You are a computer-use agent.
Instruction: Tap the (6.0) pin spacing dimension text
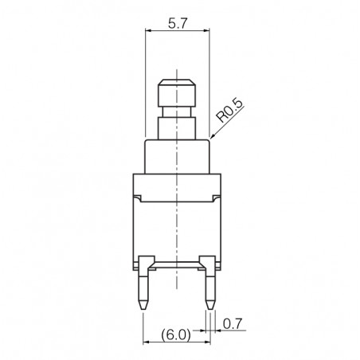point(175,335)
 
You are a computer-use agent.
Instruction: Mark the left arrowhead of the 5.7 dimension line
point(147,31)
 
